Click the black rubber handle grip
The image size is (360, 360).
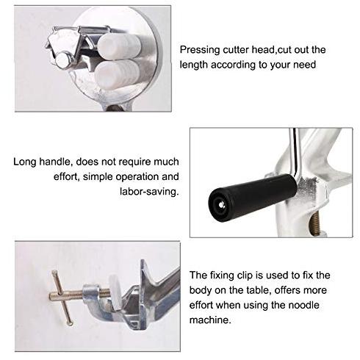pos(253,197)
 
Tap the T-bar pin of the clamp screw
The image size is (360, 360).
pos(62,298)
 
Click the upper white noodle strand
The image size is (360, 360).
pos(119,46)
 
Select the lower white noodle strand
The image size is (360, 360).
pos(117,74)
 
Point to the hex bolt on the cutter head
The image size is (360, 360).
pos(62,60)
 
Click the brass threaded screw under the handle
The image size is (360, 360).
pos(316,223)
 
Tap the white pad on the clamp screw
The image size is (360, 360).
pos(116,292)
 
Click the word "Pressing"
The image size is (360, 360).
pos(200,50)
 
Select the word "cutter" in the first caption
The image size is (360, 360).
pos(236,50)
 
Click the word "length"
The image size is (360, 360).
pos(194,65)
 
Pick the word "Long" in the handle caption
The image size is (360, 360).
pos(25,162)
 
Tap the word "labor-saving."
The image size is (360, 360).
pos(149,191)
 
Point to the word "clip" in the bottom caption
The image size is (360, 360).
pos(245,276)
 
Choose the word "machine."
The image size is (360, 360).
pos(210,320)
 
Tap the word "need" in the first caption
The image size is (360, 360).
pos(304,65)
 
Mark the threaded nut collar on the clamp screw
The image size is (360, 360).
pos(91,294)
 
